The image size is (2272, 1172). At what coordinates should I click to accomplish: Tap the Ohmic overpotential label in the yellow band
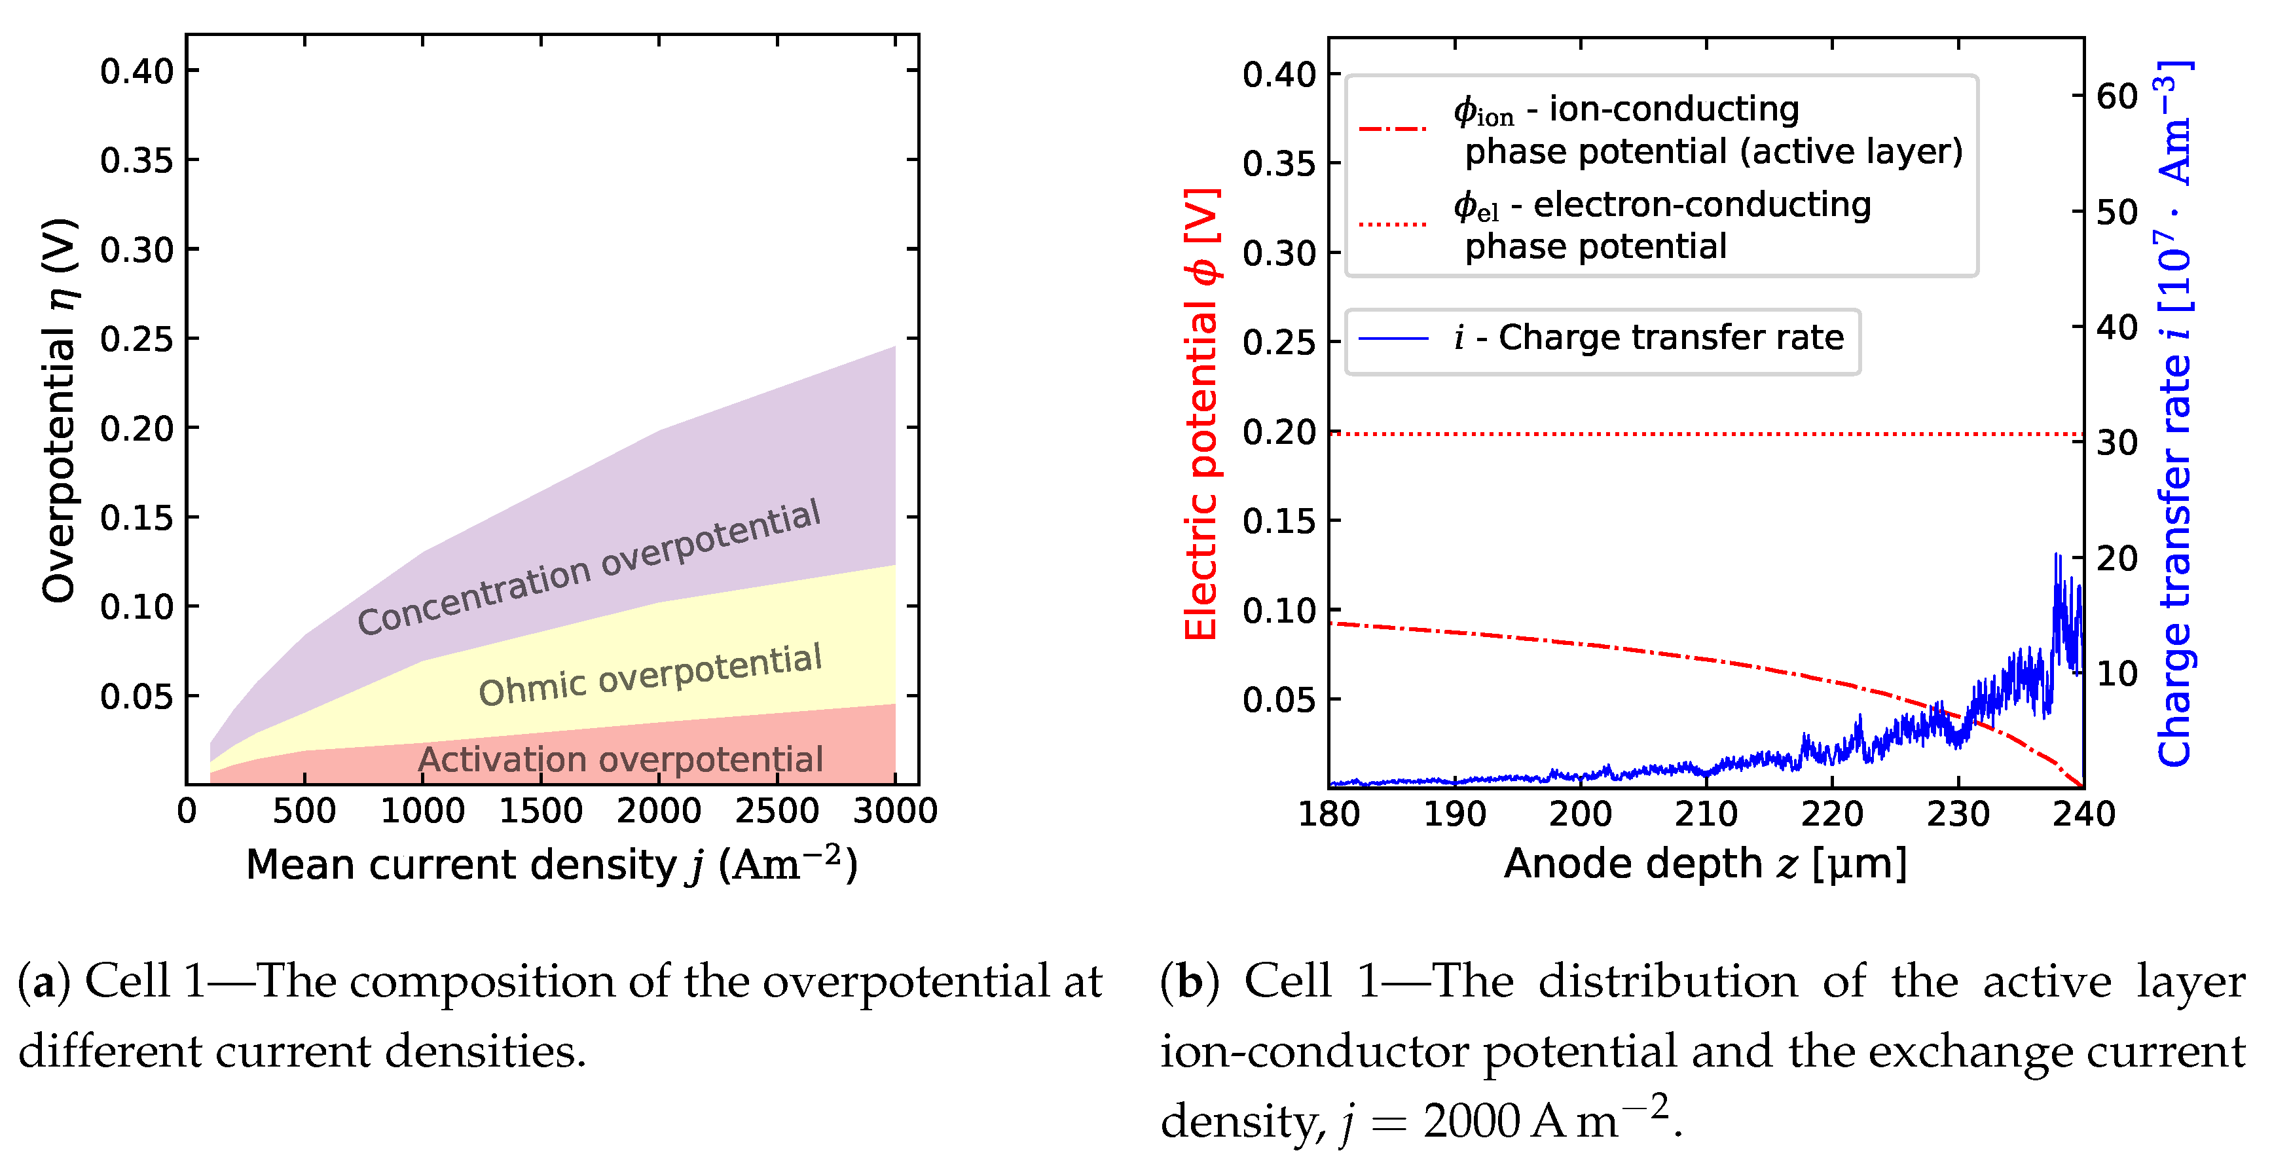(x=650, y=674)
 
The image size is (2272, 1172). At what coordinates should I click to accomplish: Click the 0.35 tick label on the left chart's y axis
(x=137, y=160)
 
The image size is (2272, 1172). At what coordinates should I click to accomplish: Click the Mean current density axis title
(x=551, y=864)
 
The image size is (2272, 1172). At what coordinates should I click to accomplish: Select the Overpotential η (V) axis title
(x=60, y=410)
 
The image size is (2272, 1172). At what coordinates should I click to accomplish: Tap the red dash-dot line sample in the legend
(x=1393, y=130)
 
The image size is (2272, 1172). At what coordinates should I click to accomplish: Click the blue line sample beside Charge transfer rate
(x=1393, y=338)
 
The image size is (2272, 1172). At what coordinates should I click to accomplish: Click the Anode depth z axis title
(x=1705, y=864)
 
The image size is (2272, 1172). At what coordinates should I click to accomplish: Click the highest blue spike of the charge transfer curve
(x=2056, y=557)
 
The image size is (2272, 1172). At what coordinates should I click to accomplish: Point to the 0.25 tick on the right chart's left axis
(x=1279, y=342)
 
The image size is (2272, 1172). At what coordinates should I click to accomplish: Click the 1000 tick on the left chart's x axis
(x=422, y=811)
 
